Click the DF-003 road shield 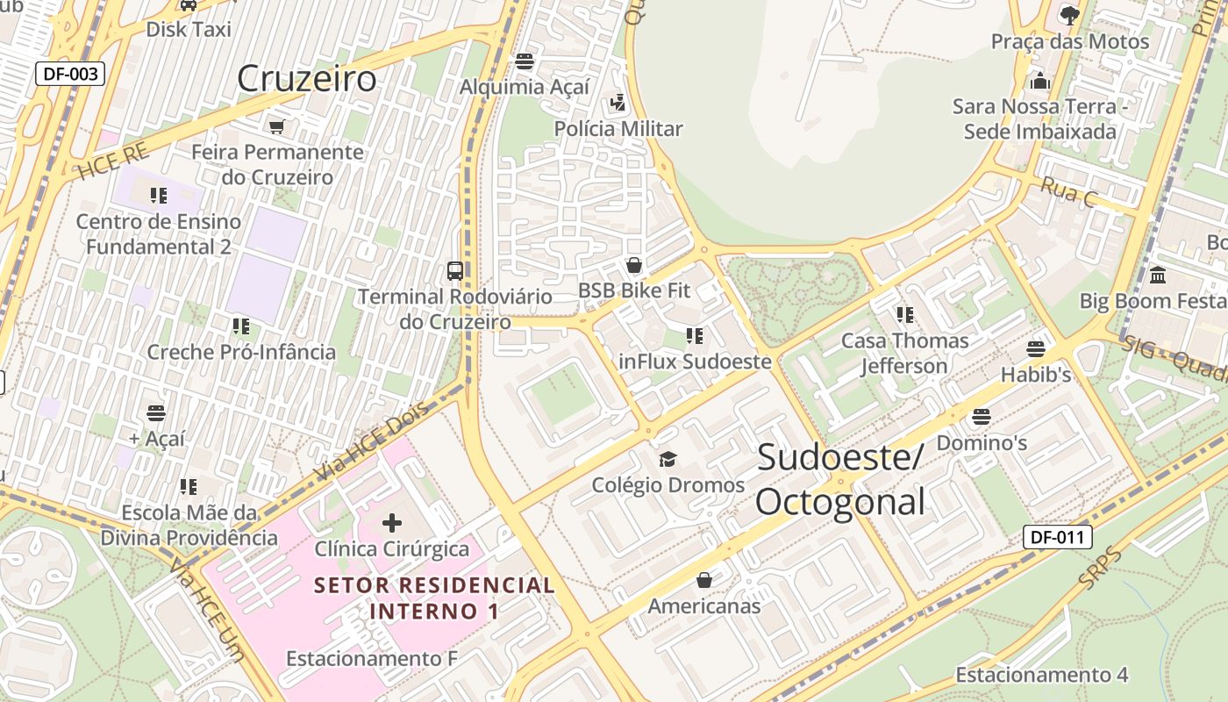[x=70, y=74]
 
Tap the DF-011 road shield [x=1057, y=537]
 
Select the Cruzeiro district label [x=307, y=79]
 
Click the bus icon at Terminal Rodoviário [x=454, y=270]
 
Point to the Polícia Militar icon [x=618, y=104]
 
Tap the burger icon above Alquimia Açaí [x=525, y=61]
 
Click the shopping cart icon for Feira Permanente [x=277, y=127]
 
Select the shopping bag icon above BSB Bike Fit [x=634, y=265]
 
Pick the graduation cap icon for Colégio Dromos [x=668, y=459]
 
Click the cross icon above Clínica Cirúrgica [x=392, y=524]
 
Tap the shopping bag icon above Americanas [x=704, y=580]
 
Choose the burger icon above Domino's [x=982, y=416]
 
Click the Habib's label [x=1036, y=375]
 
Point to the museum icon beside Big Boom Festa [x=1157, y=276]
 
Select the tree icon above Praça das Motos [x=1069, y=15]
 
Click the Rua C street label [x=1068, y=192]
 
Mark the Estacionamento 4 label [x=1041, y=675]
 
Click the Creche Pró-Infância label [x=241, y=352]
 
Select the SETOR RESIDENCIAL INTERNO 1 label [x=434, y=598]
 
